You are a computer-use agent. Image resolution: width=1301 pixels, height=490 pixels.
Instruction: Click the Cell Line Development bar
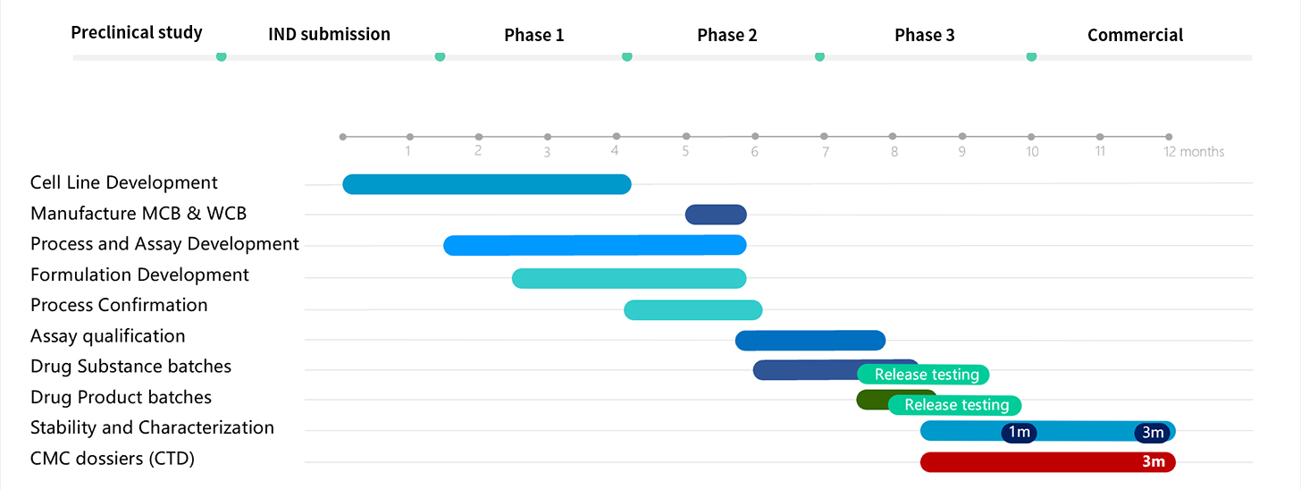487,184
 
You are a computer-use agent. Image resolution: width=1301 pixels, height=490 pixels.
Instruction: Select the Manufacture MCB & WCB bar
716,215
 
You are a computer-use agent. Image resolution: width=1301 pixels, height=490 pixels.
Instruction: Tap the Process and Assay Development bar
595,245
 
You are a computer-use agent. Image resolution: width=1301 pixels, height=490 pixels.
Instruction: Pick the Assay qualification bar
810,341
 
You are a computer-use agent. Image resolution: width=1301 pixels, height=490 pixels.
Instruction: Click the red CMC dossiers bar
1048,462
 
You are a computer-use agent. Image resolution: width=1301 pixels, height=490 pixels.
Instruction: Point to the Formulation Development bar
629,278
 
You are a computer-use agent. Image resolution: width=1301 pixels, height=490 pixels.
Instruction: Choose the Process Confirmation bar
692,310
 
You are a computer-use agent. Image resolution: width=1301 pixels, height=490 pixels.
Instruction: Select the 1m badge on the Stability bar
1020,433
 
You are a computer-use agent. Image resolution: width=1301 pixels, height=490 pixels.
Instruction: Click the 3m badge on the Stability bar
1153,433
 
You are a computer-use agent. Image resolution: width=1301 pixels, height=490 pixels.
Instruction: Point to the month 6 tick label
754,152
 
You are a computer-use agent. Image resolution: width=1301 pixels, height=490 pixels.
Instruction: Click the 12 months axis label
1194,152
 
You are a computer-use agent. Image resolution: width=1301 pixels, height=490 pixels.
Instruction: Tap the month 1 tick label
408,151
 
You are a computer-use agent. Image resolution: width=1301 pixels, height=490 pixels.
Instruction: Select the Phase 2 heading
727,35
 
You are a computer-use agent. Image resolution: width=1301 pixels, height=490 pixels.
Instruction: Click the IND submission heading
330,34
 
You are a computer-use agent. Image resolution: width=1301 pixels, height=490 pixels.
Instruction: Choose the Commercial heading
1136,35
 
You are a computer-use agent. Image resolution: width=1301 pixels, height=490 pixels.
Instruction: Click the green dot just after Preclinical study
222,56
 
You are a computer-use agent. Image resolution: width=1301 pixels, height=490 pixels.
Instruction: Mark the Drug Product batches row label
121,397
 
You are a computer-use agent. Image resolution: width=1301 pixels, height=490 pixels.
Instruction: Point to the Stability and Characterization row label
152,427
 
